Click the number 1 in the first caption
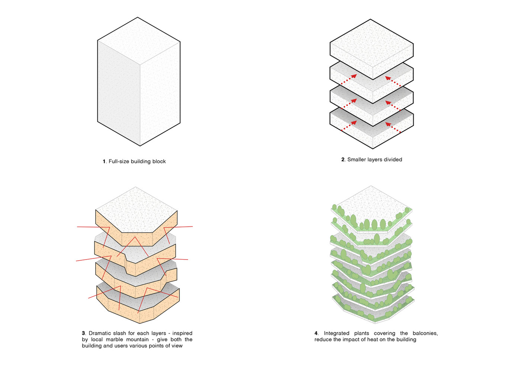point(104,162)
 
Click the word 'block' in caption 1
point(159,162)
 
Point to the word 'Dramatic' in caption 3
point(100,333)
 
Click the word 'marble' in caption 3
point(114,340)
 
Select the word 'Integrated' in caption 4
point(337,333)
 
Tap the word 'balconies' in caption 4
point(425,333)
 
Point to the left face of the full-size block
point(118,93)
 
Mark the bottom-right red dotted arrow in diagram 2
point(393,127)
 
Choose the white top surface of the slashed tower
point(136,210)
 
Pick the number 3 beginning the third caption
point(83,333)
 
